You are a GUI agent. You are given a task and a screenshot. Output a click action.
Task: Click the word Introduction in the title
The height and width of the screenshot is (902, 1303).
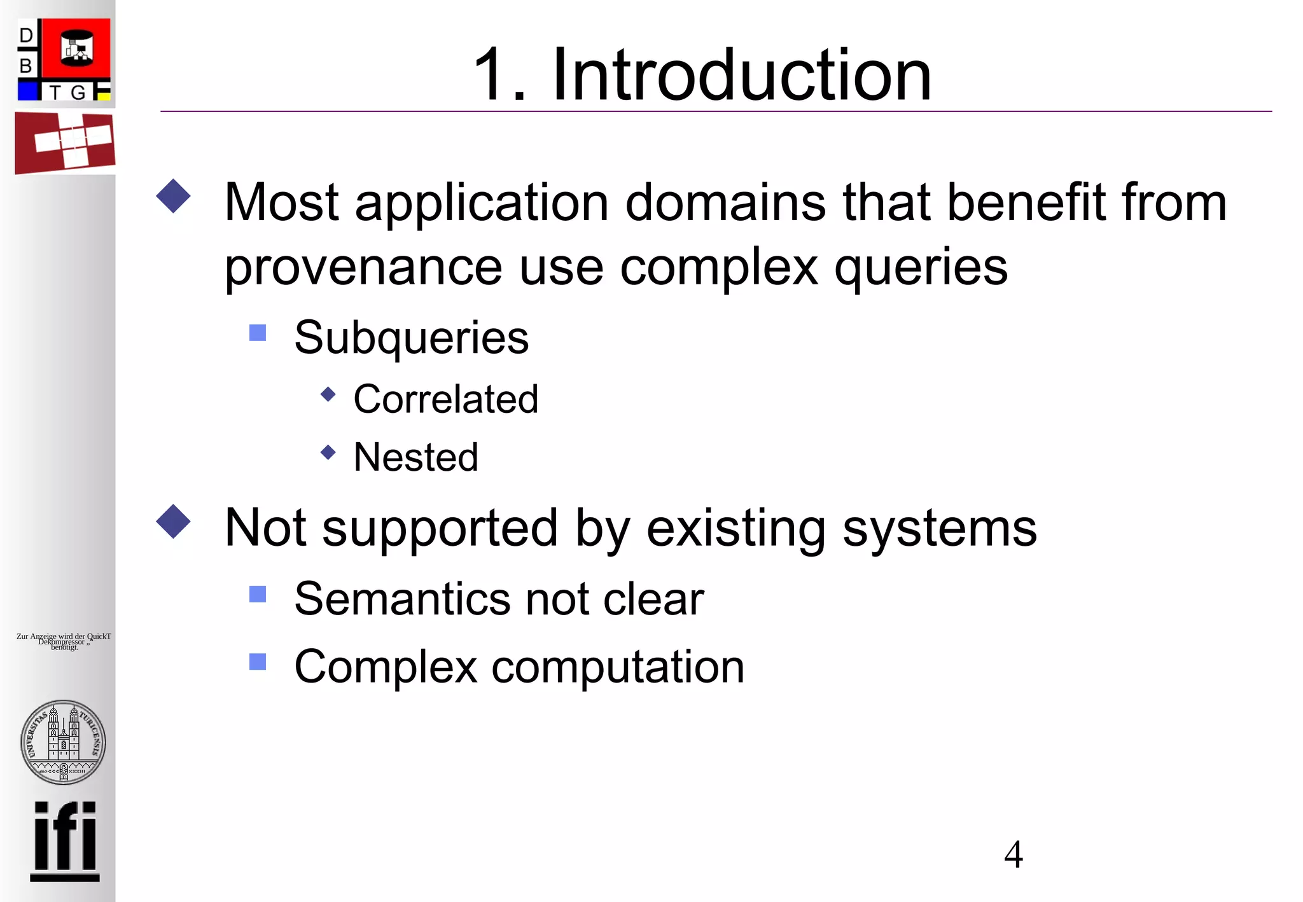[x=741, y=75]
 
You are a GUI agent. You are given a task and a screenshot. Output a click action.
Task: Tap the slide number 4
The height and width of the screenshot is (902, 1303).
[x=1013, y=854]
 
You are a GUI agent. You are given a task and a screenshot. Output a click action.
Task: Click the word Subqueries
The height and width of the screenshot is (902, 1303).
[x=411, y=337]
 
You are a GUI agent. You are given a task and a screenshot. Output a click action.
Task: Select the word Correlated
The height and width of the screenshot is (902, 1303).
[x=445, y=399]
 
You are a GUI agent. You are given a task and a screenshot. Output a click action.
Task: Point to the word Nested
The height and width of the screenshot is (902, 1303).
[x=415, y=457]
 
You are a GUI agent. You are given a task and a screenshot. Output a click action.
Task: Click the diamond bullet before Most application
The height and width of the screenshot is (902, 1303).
[x=173, y=196]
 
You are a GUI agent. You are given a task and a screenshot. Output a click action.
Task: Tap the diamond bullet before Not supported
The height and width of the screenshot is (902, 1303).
[x=173, y=522]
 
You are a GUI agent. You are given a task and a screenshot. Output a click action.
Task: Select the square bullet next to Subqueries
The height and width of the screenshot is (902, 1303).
[x=258, y=333]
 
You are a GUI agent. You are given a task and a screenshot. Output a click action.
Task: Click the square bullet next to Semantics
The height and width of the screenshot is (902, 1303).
[x=258, y=594]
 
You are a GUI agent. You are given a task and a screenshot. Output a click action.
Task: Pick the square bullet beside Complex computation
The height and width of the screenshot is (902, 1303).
[x=258, y=662]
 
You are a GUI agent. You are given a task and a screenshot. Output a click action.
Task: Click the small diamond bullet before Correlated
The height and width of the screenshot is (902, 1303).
[x=328, y=394]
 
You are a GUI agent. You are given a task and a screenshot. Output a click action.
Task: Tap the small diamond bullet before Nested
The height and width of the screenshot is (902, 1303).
[x=328, y=452]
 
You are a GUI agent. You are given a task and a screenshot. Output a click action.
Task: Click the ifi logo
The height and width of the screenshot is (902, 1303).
[x=65, y=840]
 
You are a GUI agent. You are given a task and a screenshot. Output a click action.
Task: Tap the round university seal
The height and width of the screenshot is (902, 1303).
[x=64, y=742]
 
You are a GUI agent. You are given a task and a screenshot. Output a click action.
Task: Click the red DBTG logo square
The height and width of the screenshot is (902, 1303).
[x=76, y=49]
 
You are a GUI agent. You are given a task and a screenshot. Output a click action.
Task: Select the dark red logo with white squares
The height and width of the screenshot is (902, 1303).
[x=65, y=142]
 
